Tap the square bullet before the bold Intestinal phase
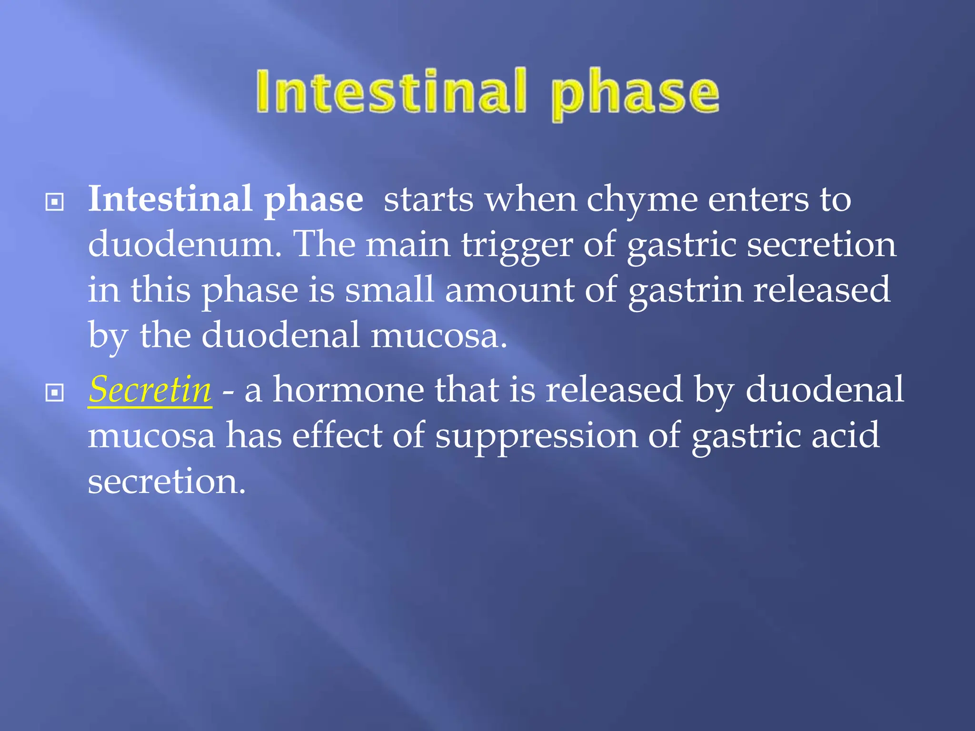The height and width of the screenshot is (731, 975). pos(54,202)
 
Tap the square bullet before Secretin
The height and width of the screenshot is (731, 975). pos(54,393)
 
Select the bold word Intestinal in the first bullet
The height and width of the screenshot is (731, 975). pos(170,199)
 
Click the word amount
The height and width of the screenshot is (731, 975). pos(509,290)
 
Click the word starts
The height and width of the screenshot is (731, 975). pos(428,200)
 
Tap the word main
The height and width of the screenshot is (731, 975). pos(408,245)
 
